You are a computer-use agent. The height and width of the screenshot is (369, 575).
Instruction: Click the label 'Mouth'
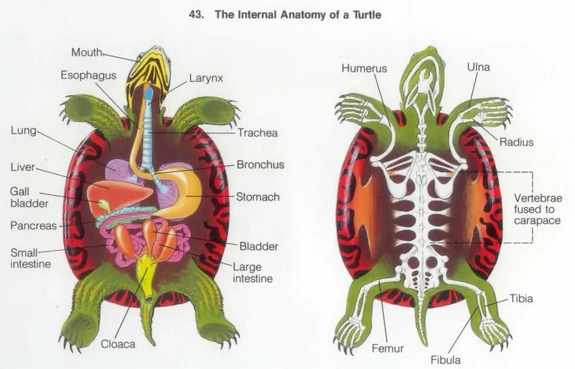tap(87, 53)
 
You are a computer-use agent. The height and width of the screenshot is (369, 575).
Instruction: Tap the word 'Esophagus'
tap(85, 75)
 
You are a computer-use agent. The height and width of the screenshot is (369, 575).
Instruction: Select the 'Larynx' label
tap(206, 78)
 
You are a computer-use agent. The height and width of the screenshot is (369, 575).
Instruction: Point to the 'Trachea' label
tap(257, 133)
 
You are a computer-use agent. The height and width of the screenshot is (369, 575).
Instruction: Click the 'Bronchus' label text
tap(260, 164)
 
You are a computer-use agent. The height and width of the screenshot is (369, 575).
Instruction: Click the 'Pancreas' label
tap(33, 226)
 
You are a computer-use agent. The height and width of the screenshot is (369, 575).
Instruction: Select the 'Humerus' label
tap(364, 68)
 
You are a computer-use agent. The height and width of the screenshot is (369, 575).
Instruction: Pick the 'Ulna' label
tap(478, 67)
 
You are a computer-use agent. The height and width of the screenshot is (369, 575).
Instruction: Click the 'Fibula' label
tap(445, 360)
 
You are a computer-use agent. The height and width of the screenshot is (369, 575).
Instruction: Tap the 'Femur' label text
tap(388, 348)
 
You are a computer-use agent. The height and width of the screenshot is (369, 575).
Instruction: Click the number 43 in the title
tap(197, 15)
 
